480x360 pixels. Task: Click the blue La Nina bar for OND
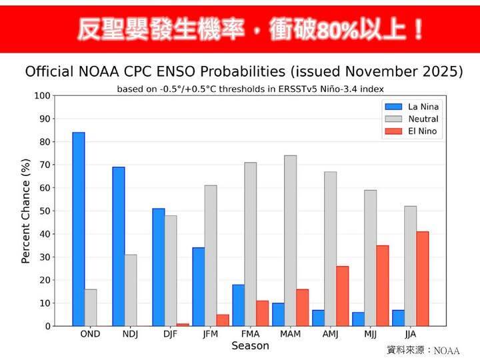click(79, 229)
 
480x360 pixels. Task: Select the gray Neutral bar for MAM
click(290, 241)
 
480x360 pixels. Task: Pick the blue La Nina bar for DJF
click(158, 267)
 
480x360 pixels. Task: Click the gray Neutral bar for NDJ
click(130, 290)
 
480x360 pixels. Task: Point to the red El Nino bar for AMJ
click(342, 296)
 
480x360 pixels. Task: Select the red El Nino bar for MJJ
click(382, 285)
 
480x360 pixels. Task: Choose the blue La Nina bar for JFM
click(198, 287)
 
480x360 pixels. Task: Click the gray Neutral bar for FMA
click(250, 244)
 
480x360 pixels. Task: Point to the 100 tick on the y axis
click(42, 96)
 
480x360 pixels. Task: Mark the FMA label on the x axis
click(250, 334)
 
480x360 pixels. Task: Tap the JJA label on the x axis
click(409, 334)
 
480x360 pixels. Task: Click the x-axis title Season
click(250, 346)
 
